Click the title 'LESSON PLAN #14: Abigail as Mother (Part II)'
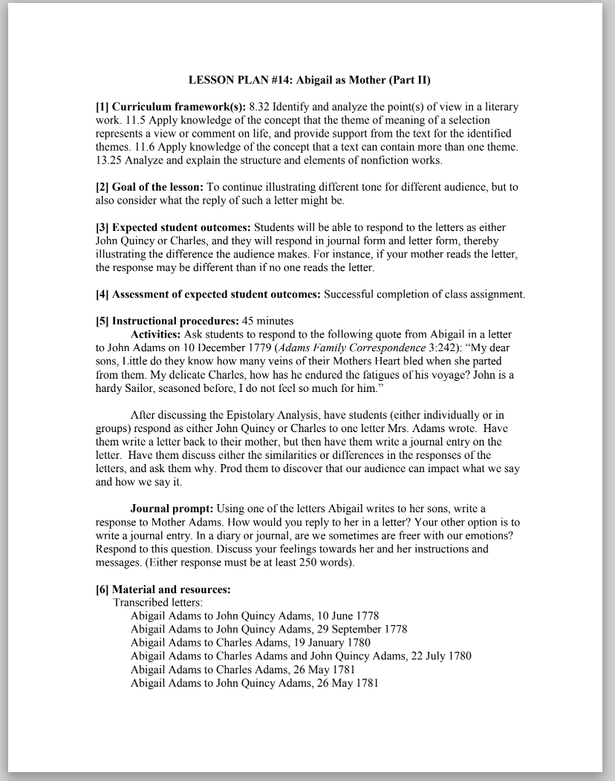309,79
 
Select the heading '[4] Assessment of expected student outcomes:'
208,294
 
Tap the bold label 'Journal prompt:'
172,509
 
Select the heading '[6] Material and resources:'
163,589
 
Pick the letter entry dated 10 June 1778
255,616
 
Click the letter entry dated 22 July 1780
301,656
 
